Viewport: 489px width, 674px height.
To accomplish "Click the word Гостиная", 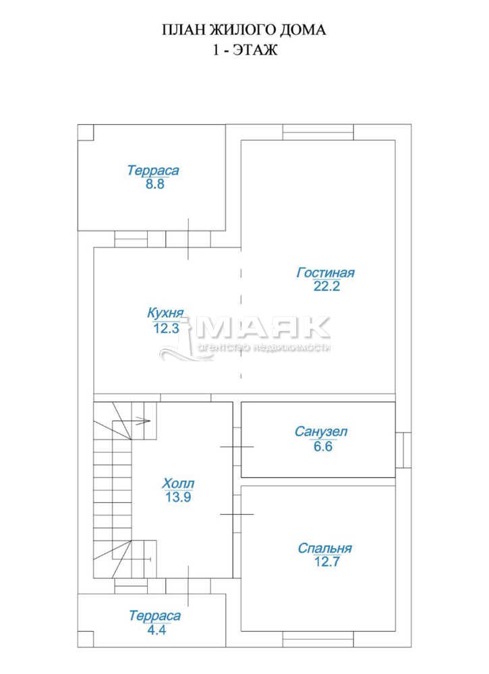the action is click(x=326, y=272).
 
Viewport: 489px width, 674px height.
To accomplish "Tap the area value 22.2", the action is click(x=327, y=286).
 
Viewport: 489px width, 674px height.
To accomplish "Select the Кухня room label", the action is click(x=165, y=313).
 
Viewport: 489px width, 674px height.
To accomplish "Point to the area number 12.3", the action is click(x=166, y=328).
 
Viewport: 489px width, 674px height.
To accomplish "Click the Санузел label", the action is click(x=321, y=431).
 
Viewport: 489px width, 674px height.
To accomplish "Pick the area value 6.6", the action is click(x=323, y=446).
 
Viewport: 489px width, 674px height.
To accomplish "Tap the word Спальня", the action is click(x=324, y=548).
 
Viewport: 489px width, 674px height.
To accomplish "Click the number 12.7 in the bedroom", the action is click(x=327, y=561).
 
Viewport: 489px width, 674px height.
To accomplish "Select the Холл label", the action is click(x=178, y=483).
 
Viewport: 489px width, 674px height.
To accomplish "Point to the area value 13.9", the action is click(x=178, y=497).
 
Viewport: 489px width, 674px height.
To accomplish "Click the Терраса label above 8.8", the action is click(x=153, y=171).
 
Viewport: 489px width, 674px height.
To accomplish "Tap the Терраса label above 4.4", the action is click(x=155, y=615).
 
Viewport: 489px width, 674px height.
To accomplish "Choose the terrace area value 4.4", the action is click(x=156, y=630).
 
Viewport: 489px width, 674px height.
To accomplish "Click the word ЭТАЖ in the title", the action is click(x=256, y=50).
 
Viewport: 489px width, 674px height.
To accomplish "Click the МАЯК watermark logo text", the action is click(x=263, y=328).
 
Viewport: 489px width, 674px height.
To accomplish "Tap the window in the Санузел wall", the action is click(x=403, y=450).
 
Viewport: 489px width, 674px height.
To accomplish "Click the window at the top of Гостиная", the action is click(x=318, y=132).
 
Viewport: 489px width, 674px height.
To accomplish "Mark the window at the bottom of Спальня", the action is click(x=318, y=639).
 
